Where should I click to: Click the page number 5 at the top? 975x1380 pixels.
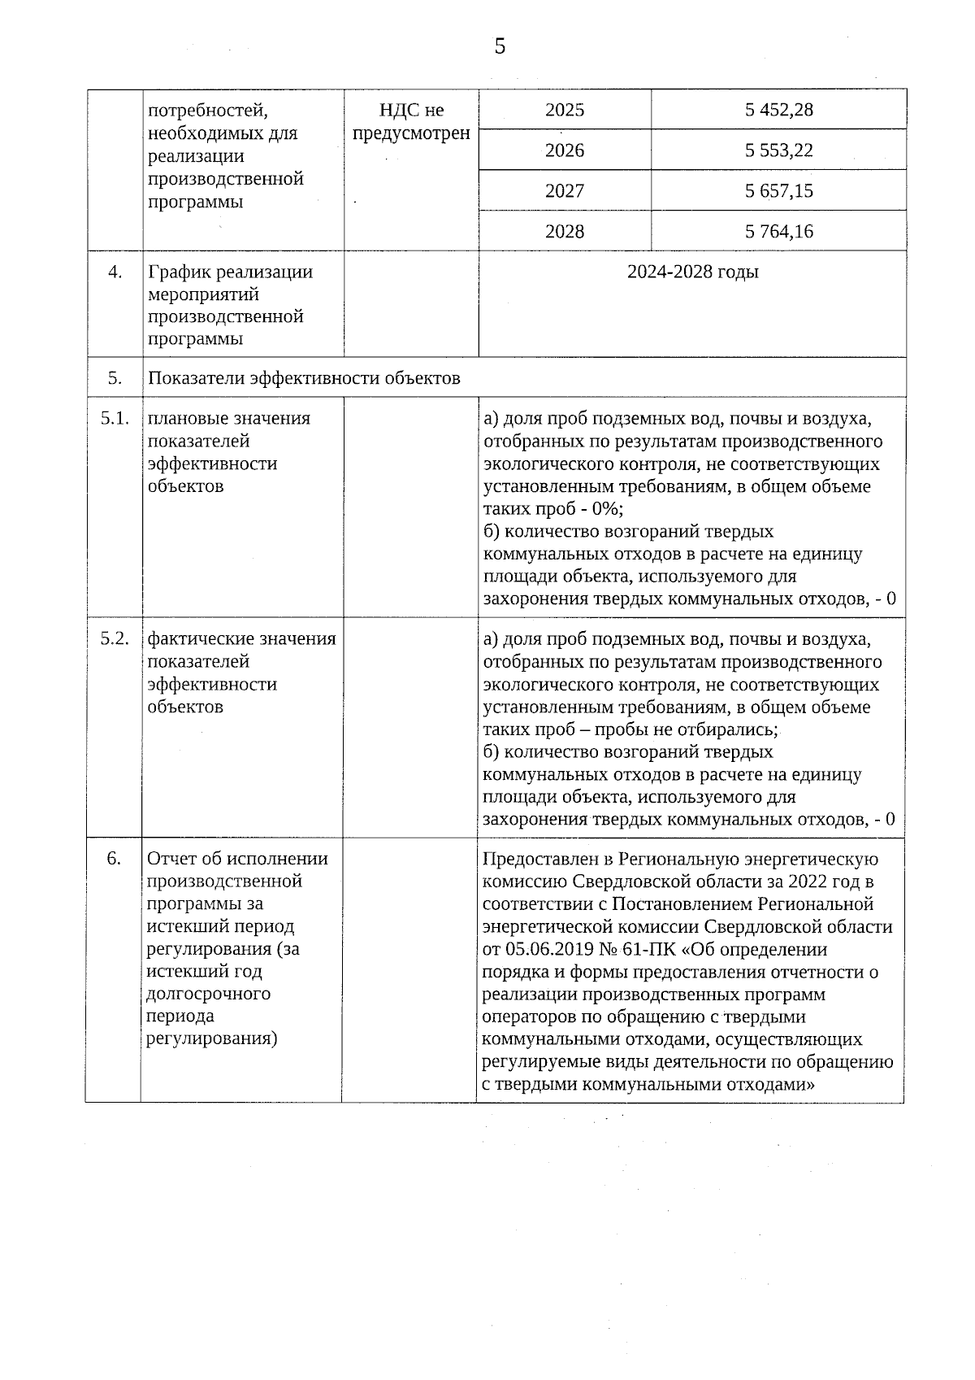[x=500, y=46]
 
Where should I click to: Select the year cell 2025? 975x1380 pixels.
[x=565, y=110]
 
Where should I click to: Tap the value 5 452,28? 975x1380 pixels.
[x=778, y=110]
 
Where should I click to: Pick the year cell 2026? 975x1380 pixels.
[x=565, y=150]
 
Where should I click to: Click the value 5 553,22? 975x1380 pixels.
[x=778, y=150]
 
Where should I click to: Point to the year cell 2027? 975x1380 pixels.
[x=565, y=191]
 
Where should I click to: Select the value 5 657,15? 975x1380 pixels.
[x=778, y=191]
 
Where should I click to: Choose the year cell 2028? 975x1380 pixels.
[x=565, y=232]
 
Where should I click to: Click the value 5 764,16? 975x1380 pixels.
[x=778, y=232]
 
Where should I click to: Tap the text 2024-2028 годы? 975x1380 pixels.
[x=692, y=272]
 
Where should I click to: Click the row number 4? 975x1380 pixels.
[x=115, y=272]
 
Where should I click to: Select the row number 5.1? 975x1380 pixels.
[x=115, y=419]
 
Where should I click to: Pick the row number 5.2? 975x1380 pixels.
[x=115, y=639]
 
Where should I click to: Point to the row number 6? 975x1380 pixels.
[x=114, y=859]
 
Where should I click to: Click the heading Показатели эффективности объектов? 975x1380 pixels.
[x=304, y=378]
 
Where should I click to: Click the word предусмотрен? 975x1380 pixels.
[x=411, y=133]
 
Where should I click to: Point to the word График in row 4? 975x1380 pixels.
[x=177, y=272]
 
